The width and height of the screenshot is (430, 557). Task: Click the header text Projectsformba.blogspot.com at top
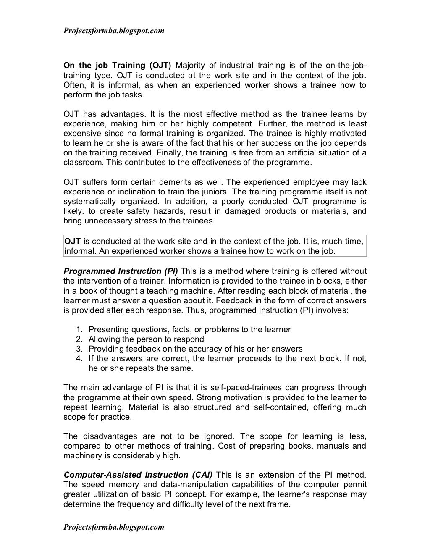click(x=113, y=31)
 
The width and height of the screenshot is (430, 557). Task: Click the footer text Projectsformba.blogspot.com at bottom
click(x=113, y=527)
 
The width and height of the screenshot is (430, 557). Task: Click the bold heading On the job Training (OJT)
click(x=117, y=66)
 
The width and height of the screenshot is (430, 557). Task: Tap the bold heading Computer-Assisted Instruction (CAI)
click(x=138, y=475)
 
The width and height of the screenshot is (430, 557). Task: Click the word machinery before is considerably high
click(x=81, y=456)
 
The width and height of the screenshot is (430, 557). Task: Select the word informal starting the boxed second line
click(x=78, y=251)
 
